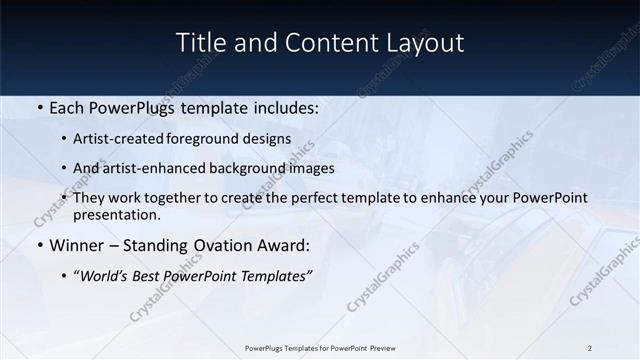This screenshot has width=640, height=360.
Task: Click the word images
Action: (x=311, y=169)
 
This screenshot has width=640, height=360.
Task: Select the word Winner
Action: (x=77, y=245)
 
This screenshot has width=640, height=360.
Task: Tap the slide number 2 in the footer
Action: (x=590, y=348)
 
